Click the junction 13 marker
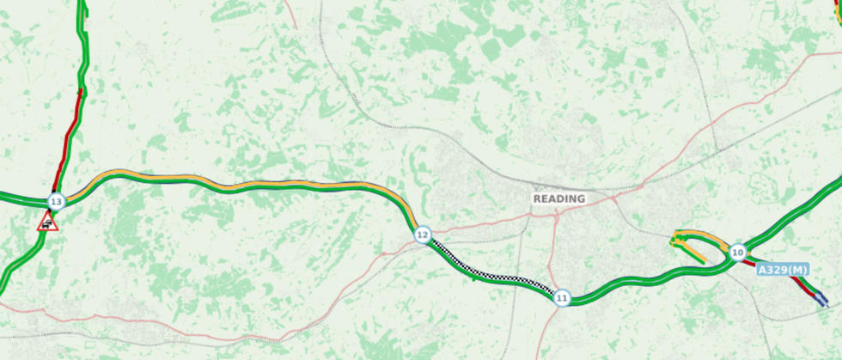(x=56, y=203)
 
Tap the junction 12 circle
(x=422, y=235)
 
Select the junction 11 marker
(x=562, y=298)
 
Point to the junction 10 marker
(x=737, y=253)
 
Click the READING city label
(x=558, y=198)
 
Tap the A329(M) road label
(x=783, y=270)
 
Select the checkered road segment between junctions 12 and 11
(x=490, y=267)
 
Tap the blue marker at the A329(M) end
(x=822, y=300)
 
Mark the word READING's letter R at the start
(x=537, y=198)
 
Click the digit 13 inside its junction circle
(x=56, y=203)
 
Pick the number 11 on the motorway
(x=562, y=298)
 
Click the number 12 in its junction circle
(x=422, y=235)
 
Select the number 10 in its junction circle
(x=737, y=253)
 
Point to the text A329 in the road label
(x=773, y=270)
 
